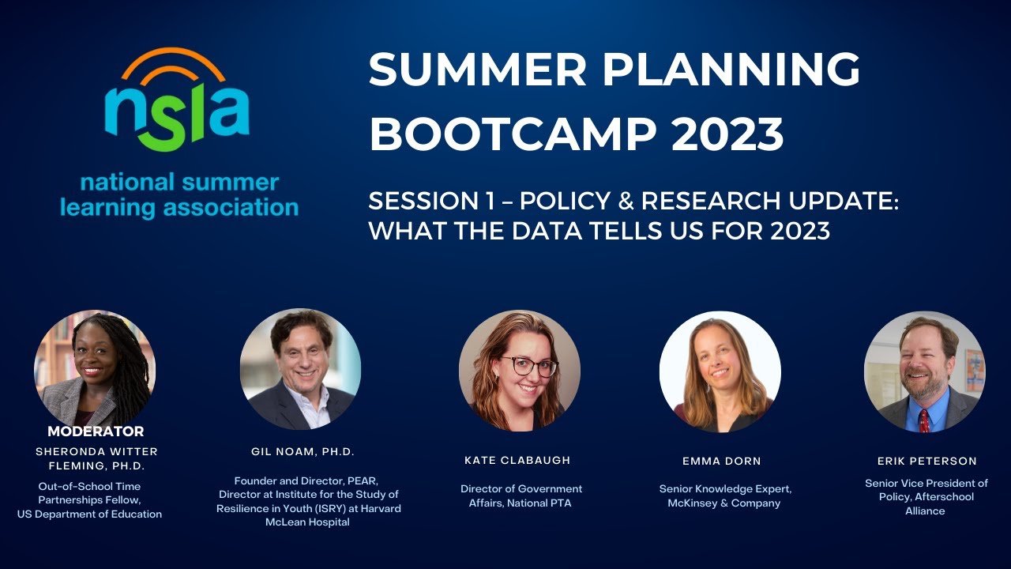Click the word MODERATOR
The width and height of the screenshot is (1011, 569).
pyautogui.click(x=96, y=431)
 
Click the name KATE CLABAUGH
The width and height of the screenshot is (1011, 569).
pyautogui.click(x=517, y=460)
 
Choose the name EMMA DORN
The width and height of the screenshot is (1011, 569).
pyautogui.click(x=722, y=461)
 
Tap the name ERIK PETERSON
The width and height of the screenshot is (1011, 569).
pyautogui.click(x=926, y=461)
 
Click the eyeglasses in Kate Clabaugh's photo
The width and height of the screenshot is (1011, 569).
pyautogui.click(x=528, y=366)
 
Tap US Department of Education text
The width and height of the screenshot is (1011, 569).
pyautogui.click(x=89, y=514)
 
